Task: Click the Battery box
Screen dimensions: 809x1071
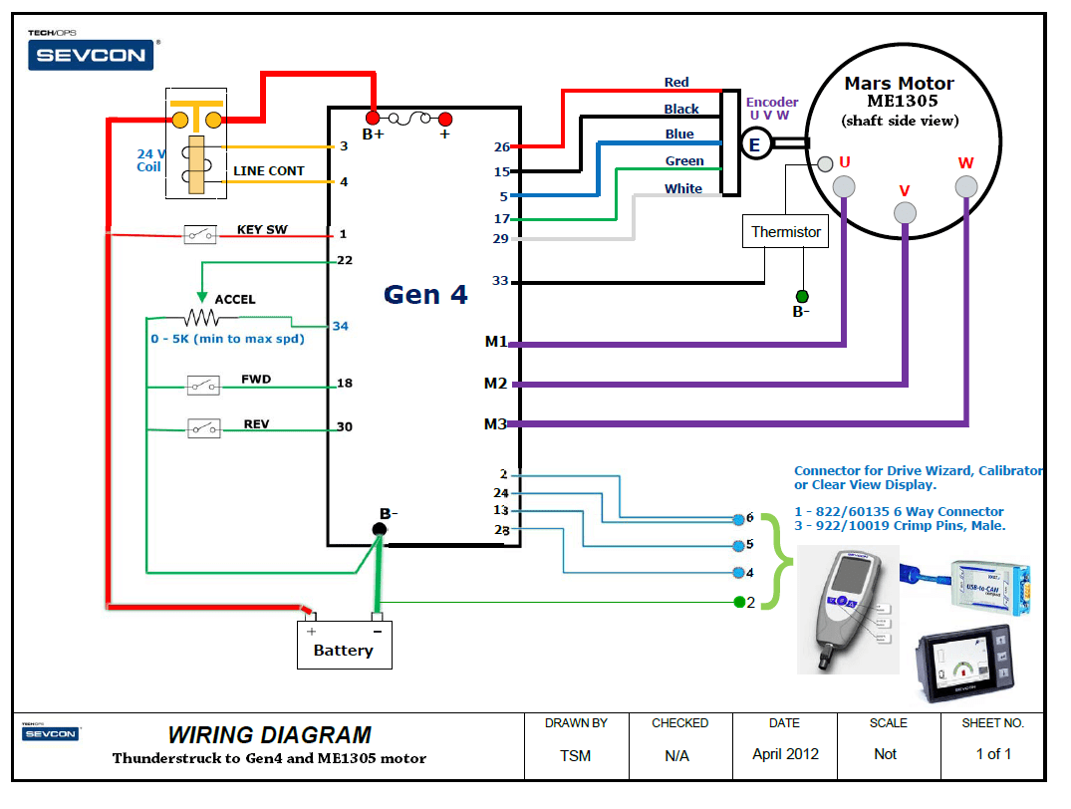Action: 344,645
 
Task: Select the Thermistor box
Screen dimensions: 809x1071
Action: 786,232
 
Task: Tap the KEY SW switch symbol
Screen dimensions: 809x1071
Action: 200,234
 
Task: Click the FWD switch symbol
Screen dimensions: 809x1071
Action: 203,384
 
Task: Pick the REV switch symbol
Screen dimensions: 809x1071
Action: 203,428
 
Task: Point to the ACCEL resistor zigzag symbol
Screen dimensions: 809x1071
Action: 203,318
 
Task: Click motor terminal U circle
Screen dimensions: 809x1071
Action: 844,185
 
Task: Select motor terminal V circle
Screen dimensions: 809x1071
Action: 905,212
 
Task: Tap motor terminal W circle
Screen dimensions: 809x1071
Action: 965,186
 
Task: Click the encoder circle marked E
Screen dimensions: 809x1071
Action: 754,145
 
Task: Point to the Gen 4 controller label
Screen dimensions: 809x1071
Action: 425,295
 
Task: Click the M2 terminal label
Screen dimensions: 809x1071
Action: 495,384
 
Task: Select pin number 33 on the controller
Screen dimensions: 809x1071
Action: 500,281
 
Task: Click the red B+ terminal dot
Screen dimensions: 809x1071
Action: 373,118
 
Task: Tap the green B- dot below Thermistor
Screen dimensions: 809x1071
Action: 802,296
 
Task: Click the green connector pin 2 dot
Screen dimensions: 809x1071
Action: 739,601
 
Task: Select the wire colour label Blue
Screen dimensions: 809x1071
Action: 679,135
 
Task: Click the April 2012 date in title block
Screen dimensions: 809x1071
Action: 784,754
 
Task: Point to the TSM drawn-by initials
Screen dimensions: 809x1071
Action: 576,755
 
